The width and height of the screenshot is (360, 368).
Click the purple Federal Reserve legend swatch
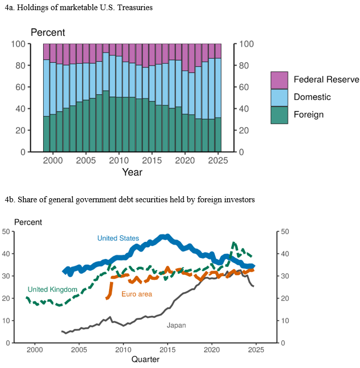(279, 80)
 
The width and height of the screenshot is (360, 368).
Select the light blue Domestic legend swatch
(279, 97)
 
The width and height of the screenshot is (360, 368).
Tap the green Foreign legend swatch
(279, 115)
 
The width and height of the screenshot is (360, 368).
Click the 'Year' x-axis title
(132, 172)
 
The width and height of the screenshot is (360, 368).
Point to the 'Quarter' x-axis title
(145, 359)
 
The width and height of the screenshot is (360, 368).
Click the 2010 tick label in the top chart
(119, 160)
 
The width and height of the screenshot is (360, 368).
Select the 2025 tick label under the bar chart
(218, 160)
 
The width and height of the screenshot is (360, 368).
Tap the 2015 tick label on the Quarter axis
(167, 350)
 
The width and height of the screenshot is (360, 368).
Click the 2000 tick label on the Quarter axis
(34, 350)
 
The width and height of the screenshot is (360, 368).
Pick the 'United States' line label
(118, 238)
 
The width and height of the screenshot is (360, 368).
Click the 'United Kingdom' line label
(52, 289)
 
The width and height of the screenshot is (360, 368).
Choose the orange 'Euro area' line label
(136, 294)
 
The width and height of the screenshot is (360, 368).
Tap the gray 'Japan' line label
(176, 325)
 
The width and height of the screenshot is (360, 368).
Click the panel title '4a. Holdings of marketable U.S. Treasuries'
(79, 8)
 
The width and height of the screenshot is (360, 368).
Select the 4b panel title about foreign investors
(130, 200)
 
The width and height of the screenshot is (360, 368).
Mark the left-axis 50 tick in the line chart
(6, 232)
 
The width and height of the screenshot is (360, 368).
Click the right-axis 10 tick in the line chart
(284, 321)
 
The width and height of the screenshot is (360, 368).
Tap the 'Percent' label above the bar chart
(48, 32)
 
